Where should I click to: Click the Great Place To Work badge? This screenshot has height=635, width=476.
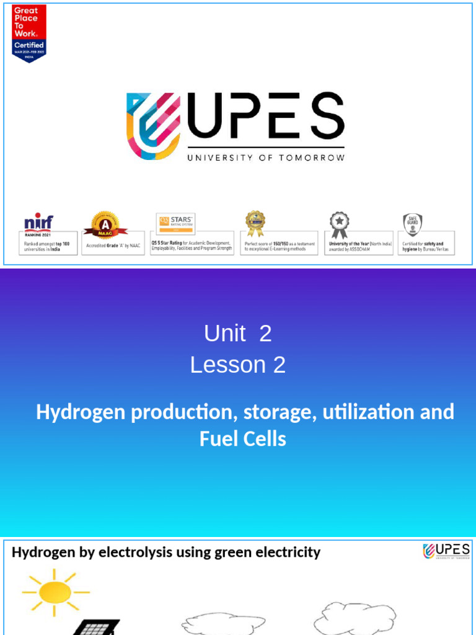[x=29, y=33]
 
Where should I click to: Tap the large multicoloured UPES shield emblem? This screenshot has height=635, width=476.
[x=154, y=125]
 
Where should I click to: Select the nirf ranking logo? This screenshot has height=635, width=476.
[x=38, y=221]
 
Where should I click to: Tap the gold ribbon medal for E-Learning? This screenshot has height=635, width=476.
[x=255, y=223]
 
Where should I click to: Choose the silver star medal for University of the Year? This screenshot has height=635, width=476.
[x=339, y=225]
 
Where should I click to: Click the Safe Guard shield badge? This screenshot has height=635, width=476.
[x=412, y=225]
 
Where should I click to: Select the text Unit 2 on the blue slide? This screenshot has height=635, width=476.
[x=238, y=334]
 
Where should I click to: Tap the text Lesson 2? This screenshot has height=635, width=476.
[x=238, y=365]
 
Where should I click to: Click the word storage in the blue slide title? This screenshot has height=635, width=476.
[x=278, y=412]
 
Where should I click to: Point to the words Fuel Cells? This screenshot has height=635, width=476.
[x=243, y=439]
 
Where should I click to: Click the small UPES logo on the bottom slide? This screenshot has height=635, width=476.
[x=446, y=551]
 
